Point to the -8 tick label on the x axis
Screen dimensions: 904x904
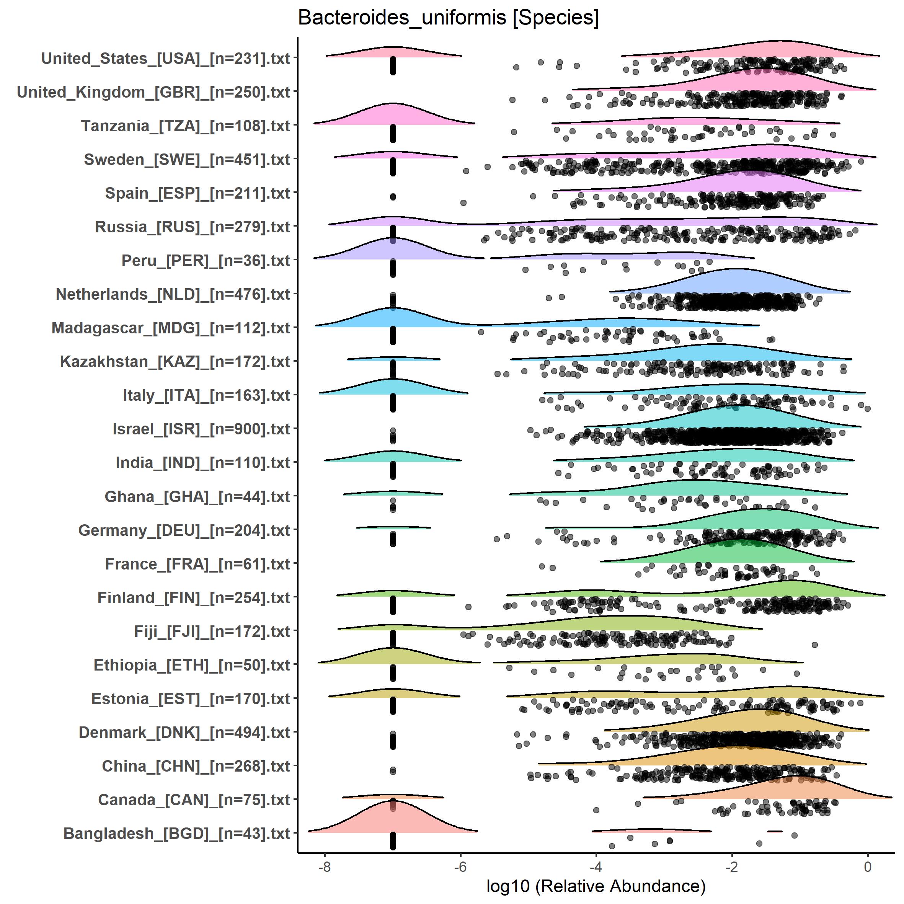pyautogui.click(x=324, y=866)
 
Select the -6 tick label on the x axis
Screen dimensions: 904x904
pyautogui.click(x=460, y=866)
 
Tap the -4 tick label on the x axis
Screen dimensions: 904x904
pyautogui.click(x=596, y=866)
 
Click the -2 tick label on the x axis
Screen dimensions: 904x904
pyautogui.click(x=732, y=866)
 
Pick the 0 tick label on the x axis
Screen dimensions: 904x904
pyautogui.click(x=868, y=866)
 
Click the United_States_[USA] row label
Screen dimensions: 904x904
pyautogui.click(x=166, y=59)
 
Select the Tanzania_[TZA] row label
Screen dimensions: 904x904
pyautogui.click(x=186, y=126)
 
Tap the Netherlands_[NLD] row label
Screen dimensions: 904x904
pyautogui.click(x=173, y=294)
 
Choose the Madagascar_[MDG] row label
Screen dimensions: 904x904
pyautogui.click(x=171, y=328)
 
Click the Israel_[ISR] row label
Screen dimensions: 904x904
pyautogui.click(x=202, y=429)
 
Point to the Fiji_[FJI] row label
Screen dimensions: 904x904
pyautogui.click(x=212, y=631)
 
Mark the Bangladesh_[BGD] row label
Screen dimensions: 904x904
pyautogui.click(x=177, y=833)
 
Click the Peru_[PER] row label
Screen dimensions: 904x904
pyautogui.click(x=206, y=261)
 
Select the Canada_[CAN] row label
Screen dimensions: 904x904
pyautogui.click(x=194, y=800)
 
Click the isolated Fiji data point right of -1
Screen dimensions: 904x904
pyautogui.click(x=814, y=645)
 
